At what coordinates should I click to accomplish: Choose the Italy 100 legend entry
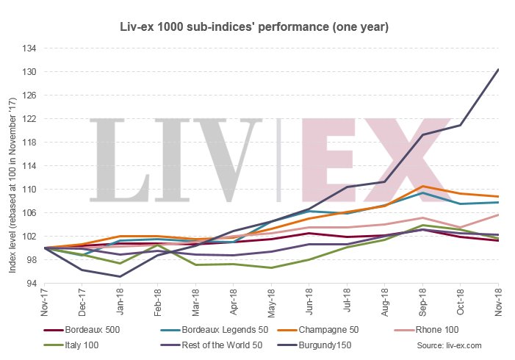82,345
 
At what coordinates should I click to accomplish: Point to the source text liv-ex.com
449,345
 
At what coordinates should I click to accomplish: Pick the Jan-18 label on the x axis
120,302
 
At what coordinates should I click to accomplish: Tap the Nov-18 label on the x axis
498,302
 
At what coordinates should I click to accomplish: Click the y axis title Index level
12,165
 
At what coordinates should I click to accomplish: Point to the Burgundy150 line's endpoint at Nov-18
498,69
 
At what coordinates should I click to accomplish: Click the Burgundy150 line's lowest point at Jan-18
120,276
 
